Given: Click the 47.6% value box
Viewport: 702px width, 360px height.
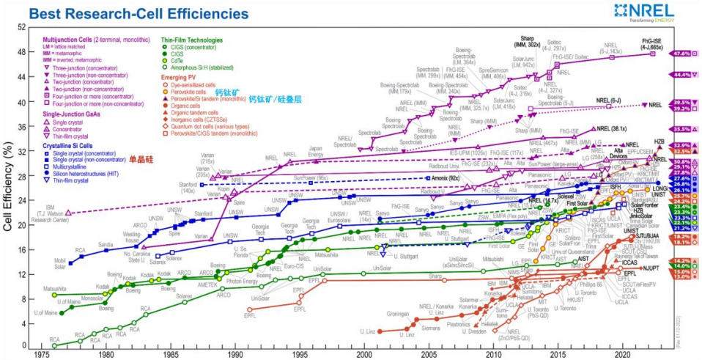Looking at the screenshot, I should pos(683,53).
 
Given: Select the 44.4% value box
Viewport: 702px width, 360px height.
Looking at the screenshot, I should pos(683,75).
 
